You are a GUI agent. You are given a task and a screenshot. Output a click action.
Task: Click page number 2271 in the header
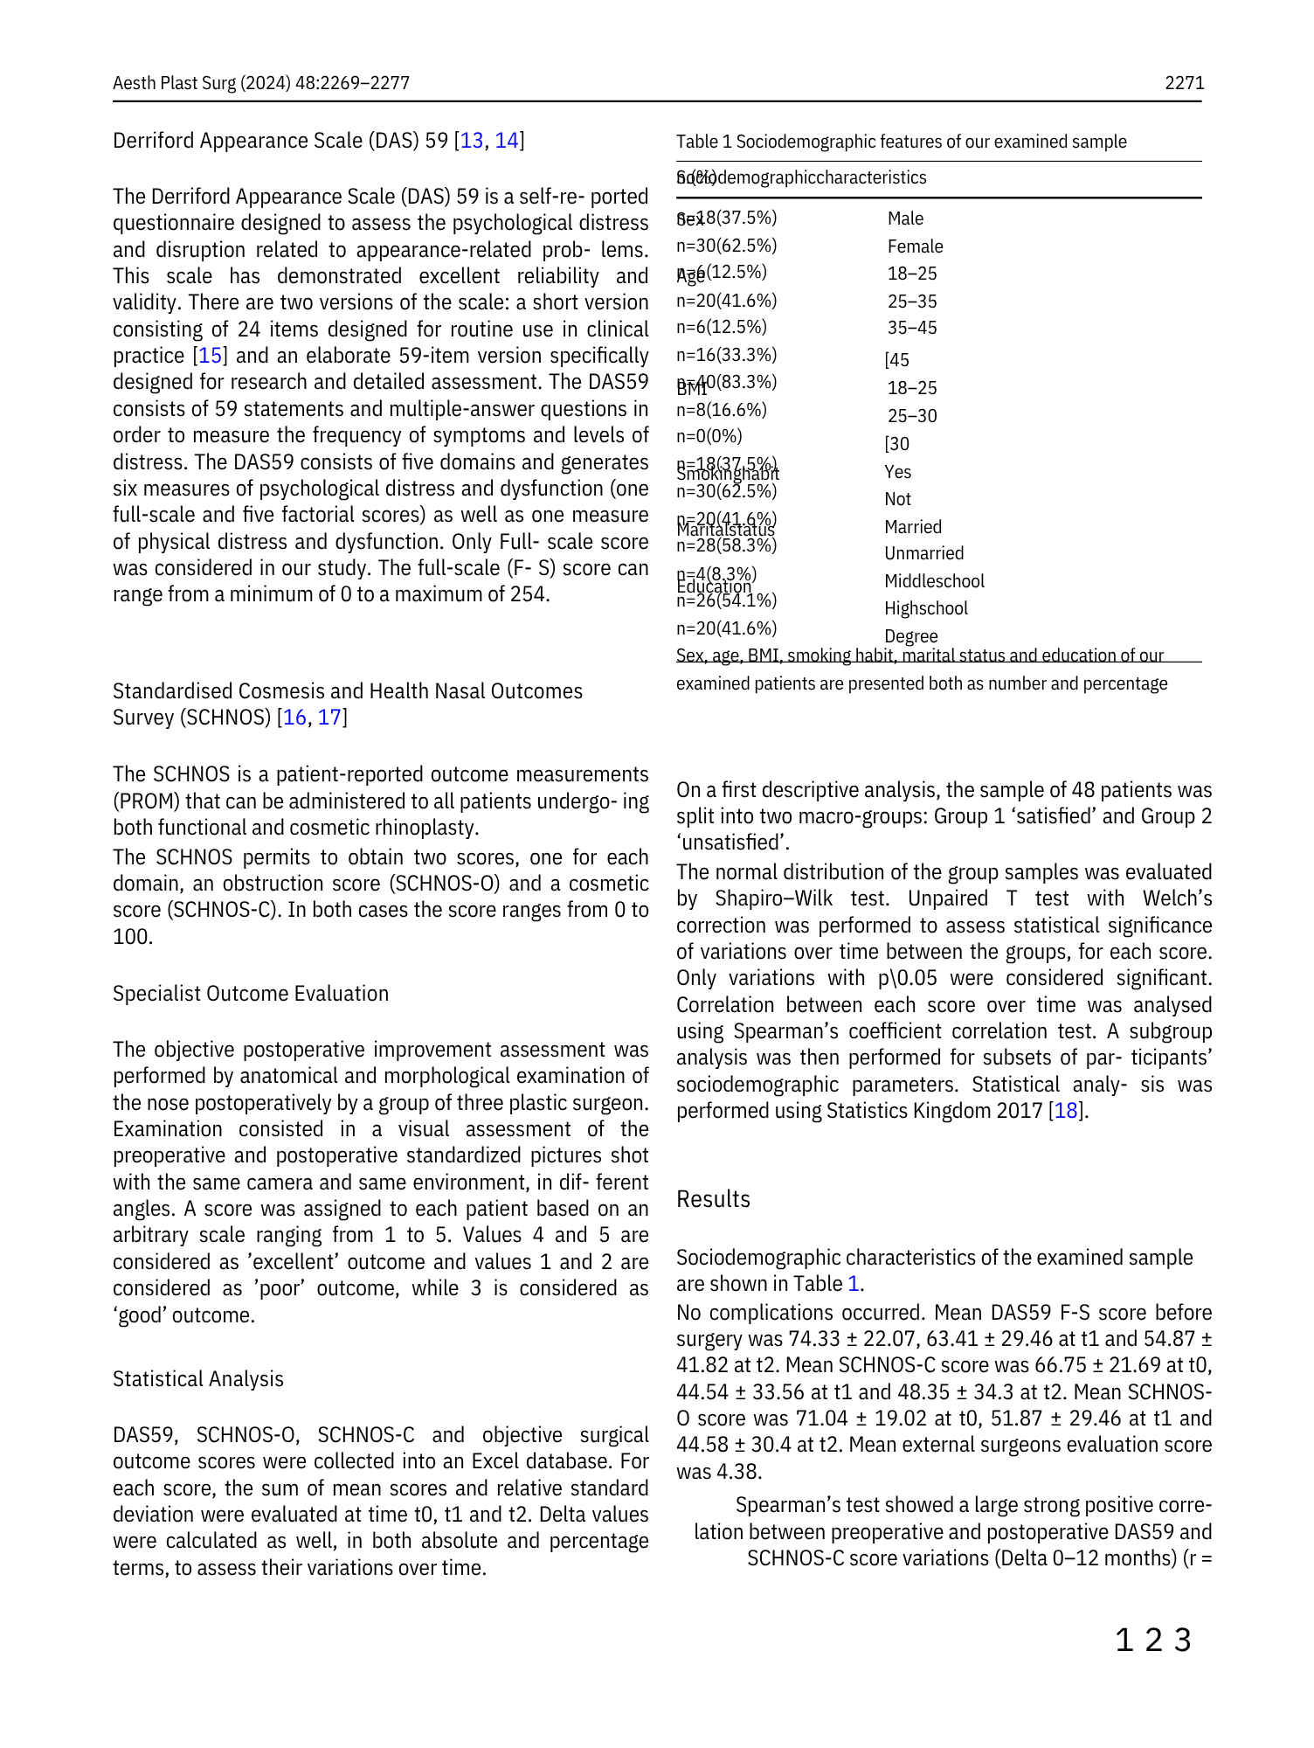click(x=1184, y=83)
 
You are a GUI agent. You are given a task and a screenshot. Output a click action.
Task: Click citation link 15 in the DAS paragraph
click(x=211, y=356)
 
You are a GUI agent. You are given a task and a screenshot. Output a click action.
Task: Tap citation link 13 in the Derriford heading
click(x=472, y=141)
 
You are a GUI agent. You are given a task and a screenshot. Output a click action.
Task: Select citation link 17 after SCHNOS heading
click(x=330, y=718)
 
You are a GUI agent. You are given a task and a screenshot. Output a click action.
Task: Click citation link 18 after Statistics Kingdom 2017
click(x=1066, y=1111)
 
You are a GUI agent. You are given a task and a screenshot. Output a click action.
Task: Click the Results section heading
click(x=713, y=1199)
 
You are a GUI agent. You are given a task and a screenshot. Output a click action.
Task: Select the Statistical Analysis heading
click(x=198, y=1379)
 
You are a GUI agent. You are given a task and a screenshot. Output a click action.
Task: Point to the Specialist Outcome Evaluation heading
click(x=251, y=994)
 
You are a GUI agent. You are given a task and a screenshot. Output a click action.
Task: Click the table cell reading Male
click(x=905, y=218)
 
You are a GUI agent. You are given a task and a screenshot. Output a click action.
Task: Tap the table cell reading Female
click(x=915, y=246)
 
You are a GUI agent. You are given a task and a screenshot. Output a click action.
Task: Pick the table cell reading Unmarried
click(x=923, y=553)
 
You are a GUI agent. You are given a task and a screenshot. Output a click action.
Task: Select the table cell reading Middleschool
click(x=933, y=581)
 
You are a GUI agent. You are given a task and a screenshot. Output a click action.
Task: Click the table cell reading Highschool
click(x=925, y=608)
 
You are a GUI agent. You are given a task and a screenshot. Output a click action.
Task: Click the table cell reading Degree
click(x=910, y=636)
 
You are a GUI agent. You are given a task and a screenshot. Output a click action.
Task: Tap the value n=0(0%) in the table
click(x=709, y=436)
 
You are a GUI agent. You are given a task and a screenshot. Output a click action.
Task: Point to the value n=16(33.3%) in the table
click(x=726, y=355)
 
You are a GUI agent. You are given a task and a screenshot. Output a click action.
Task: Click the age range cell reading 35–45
click(x=911, y=328)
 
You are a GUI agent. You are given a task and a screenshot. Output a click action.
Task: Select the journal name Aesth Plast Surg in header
click(x=175, y=83)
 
